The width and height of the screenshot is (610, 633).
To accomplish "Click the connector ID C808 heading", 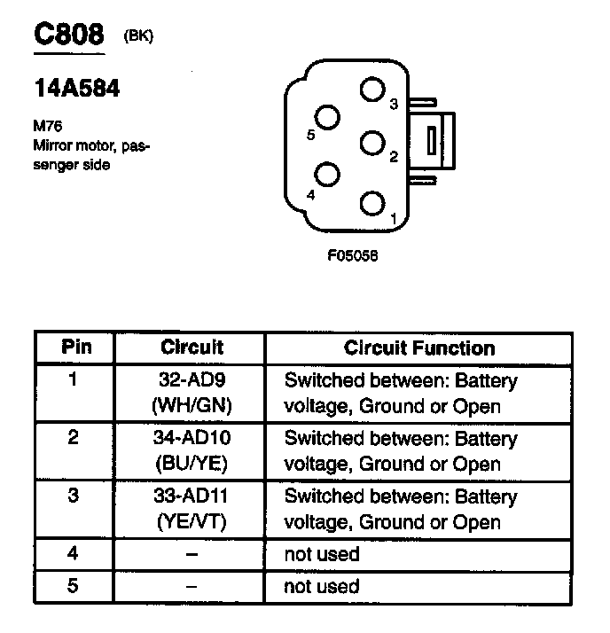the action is [69, 35].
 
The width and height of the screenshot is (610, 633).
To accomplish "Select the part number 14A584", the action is [76, 90].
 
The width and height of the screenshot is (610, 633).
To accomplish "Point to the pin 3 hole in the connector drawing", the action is [373, 90].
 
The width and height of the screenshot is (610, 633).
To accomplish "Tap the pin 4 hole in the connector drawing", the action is [328, 176].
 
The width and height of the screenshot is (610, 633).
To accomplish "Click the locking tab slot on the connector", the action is [431, 141].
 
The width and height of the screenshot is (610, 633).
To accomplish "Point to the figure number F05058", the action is [352, 258].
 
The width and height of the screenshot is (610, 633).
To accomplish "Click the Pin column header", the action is [75, 347].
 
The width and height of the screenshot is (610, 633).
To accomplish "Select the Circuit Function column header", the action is [418, 348].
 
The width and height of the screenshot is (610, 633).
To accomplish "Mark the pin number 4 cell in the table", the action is [74, 554].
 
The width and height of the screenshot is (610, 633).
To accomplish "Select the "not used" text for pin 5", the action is [321, 586].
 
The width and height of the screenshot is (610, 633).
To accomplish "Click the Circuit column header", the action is [192, 347].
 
